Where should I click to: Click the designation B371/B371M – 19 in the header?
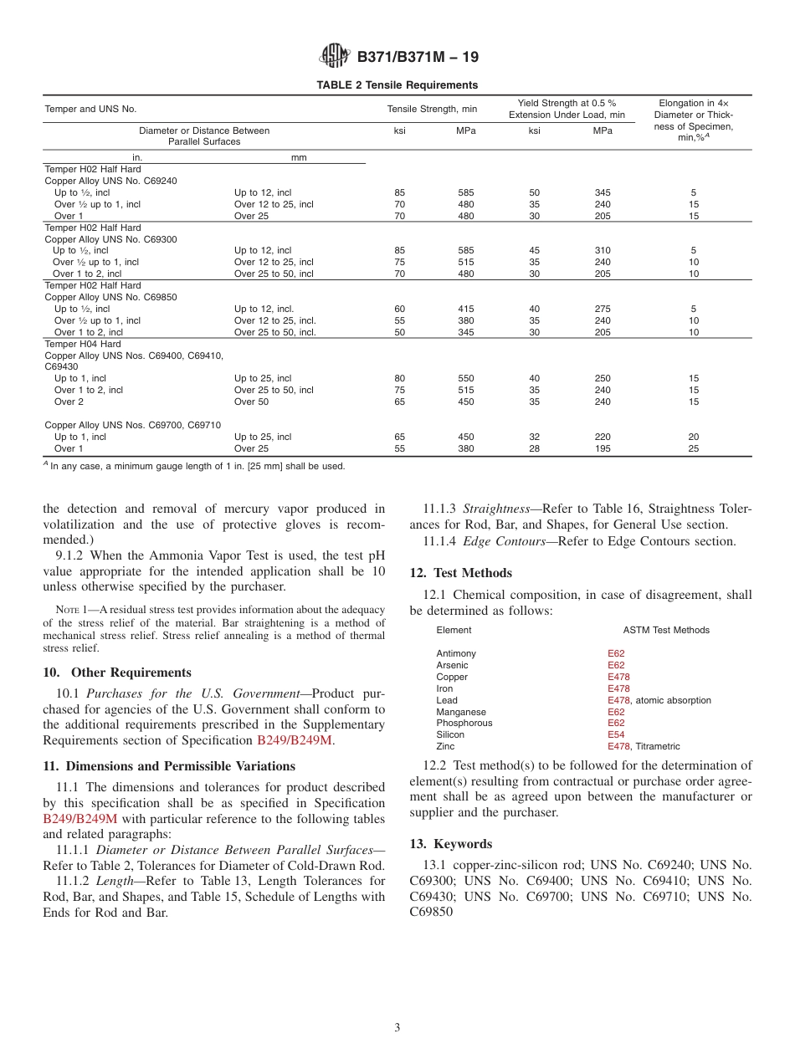(x=418, y=58)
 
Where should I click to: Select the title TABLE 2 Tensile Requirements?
(x=397, y=85)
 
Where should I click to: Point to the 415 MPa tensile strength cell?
(x=465, y=309)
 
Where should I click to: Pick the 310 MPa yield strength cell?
(x=602, y=251)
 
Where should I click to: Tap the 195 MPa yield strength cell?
(x=602, y=449)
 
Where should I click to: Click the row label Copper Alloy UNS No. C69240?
(x=110, y=181)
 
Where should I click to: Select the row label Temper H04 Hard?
(x=82, y=344)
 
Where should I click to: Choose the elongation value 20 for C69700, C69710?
(x=693, y=437)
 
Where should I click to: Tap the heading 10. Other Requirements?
(x=117, y=673)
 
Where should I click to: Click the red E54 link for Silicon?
(x=616, y=735)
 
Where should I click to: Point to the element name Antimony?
(x=456, y=654)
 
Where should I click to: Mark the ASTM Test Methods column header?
(x=666, y=631)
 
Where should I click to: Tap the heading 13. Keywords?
(x=451, y=844)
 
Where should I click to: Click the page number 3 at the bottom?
(x=397, y=1028)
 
